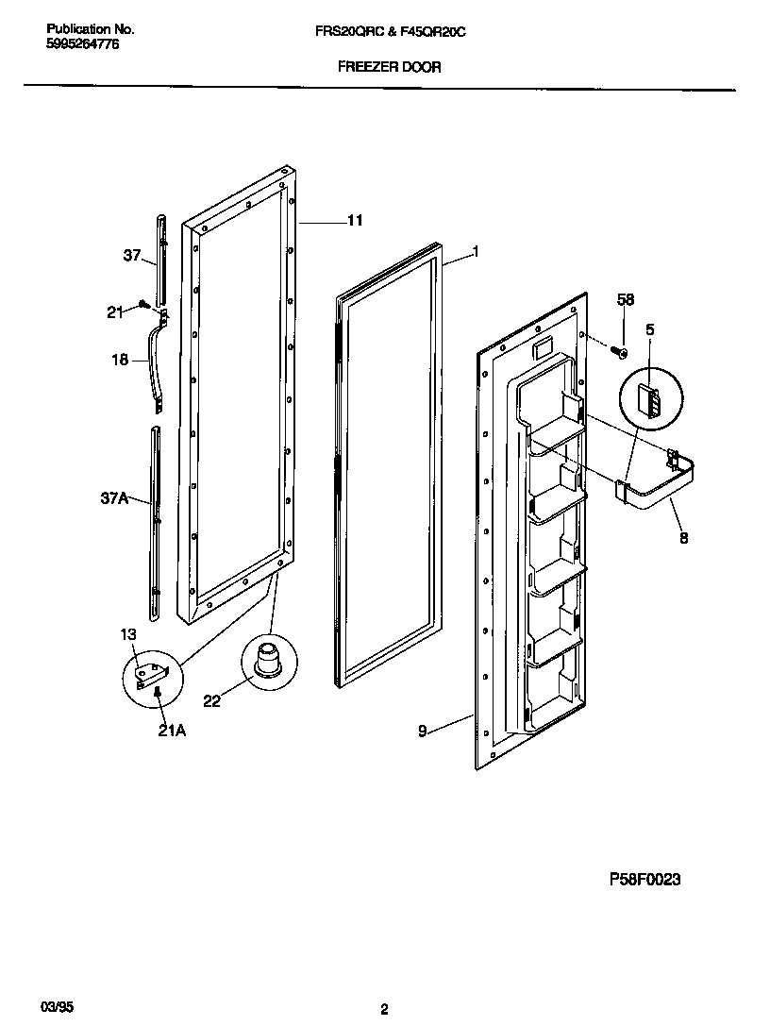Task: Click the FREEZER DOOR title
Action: coord(389,67)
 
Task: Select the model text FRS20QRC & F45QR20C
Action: coord(390,31)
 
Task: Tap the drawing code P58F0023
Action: coord(644,880)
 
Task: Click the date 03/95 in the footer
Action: coord(59,1007)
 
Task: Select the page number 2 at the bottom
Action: coord(384,1009)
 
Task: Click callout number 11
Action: coord(355,221)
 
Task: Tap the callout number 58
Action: coord(626,300)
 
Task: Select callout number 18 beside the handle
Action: coord(121,360)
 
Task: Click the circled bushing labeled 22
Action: coord(267,657)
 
